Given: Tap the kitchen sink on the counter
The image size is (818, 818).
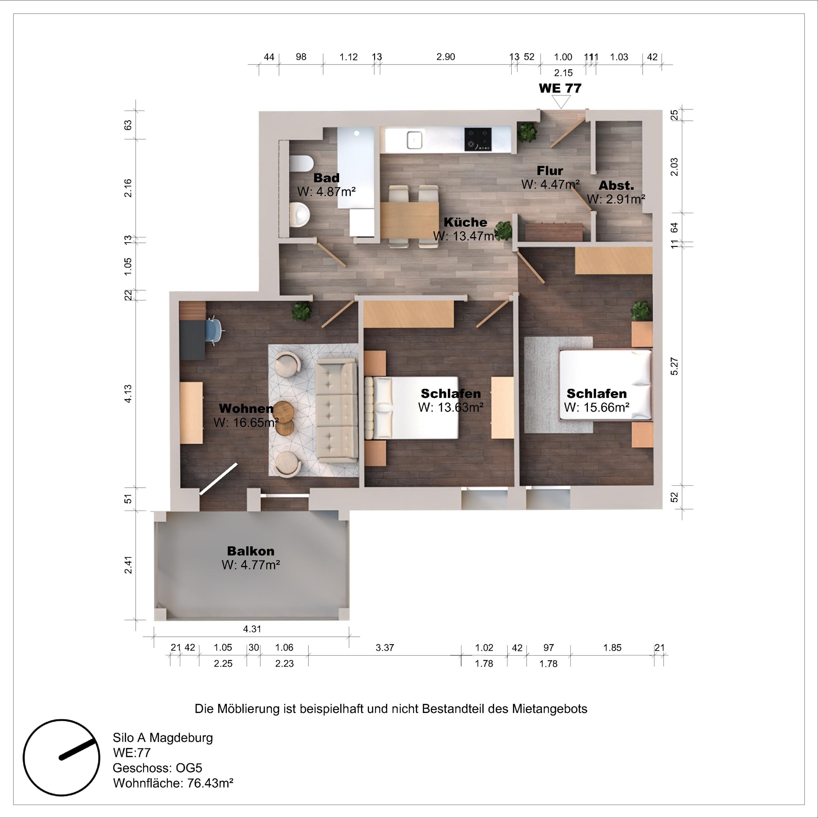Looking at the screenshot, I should pos(414,140).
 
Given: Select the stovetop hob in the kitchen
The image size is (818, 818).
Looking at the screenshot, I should pos(478,139).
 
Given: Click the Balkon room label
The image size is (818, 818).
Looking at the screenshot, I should pos(251,551).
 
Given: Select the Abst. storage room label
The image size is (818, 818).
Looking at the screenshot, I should pos(616,185).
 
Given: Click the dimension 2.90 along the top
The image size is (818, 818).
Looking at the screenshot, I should pos(445,57).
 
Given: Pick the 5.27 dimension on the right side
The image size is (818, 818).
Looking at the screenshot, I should pos(674,366).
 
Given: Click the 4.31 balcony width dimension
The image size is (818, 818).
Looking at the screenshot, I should pos(252,629).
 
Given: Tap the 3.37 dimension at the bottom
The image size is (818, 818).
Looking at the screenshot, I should pos(384,647).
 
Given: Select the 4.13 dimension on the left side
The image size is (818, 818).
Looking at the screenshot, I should pos(128,393).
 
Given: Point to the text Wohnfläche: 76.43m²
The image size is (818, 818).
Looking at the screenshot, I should pos(173,783).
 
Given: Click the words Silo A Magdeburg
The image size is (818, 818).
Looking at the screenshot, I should pos(163,737).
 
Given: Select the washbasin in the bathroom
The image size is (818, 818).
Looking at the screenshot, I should pos(301,214).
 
